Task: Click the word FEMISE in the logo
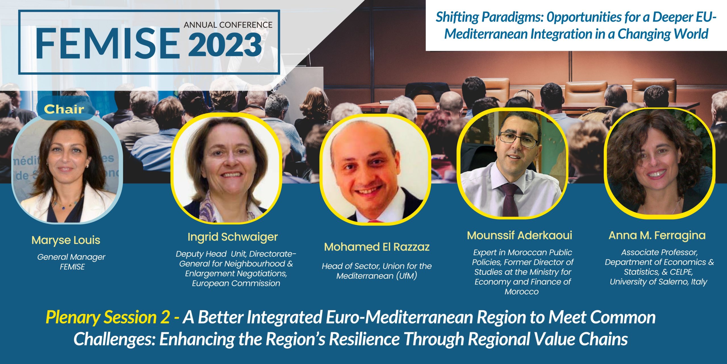[108, 43]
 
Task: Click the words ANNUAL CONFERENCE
[228, 25]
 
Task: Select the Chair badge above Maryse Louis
[64, 109]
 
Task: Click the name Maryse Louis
[66, 240]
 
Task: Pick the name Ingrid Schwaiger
[233, 237]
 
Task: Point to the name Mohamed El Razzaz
[377, 247]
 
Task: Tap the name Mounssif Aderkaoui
[520, 235]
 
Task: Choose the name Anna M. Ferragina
[657, 235]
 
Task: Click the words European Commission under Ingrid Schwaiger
[236, 284]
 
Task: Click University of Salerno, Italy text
[658, 282]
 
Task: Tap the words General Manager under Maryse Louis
[71, 257]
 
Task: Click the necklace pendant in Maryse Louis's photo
[63, 208]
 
